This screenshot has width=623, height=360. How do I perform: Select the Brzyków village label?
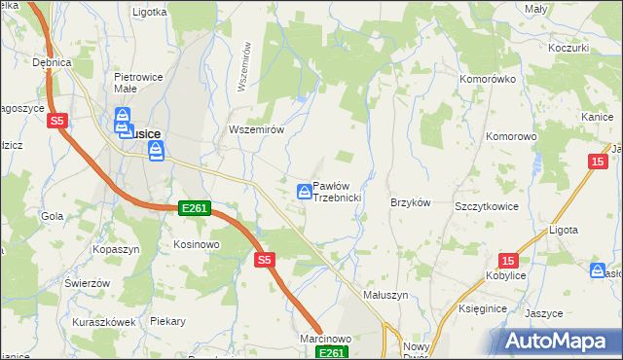tap(410, 202)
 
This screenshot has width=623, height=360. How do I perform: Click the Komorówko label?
tap(487, 77)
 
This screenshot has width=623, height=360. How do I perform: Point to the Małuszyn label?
tap(385, 294)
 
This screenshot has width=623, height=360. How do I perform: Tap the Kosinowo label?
tap(196, 244)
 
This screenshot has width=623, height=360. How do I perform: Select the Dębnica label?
tap(53, 62)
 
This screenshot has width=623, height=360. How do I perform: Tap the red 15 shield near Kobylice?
tap(508, 260)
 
